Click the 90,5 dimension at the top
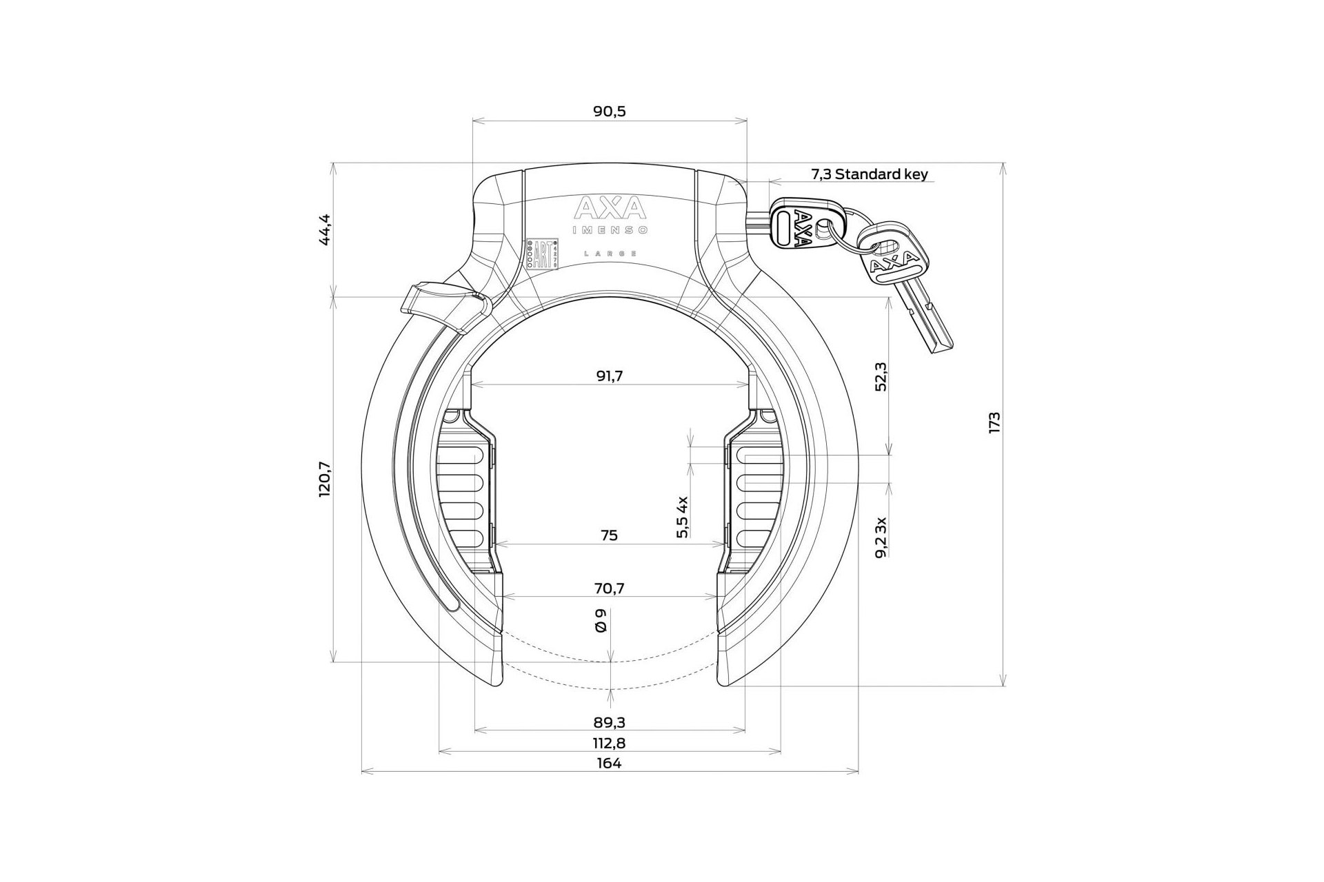click(610, 112)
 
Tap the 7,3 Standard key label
click(870, 174)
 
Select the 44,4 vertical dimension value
click(325, 229)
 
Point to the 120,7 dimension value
click(325, 479)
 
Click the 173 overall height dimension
click(994, 422)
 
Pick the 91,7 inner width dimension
click(610, 376)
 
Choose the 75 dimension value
click(610, 535)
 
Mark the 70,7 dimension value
click(610, 588)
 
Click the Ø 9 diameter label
click(601, 622)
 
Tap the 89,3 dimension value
click(610, 722)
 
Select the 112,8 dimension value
click(610, 743)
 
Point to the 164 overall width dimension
click(610, 763)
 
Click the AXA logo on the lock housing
click(610, 208)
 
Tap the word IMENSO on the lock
click(610, 230)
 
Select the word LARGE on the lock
click(610, 254)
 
